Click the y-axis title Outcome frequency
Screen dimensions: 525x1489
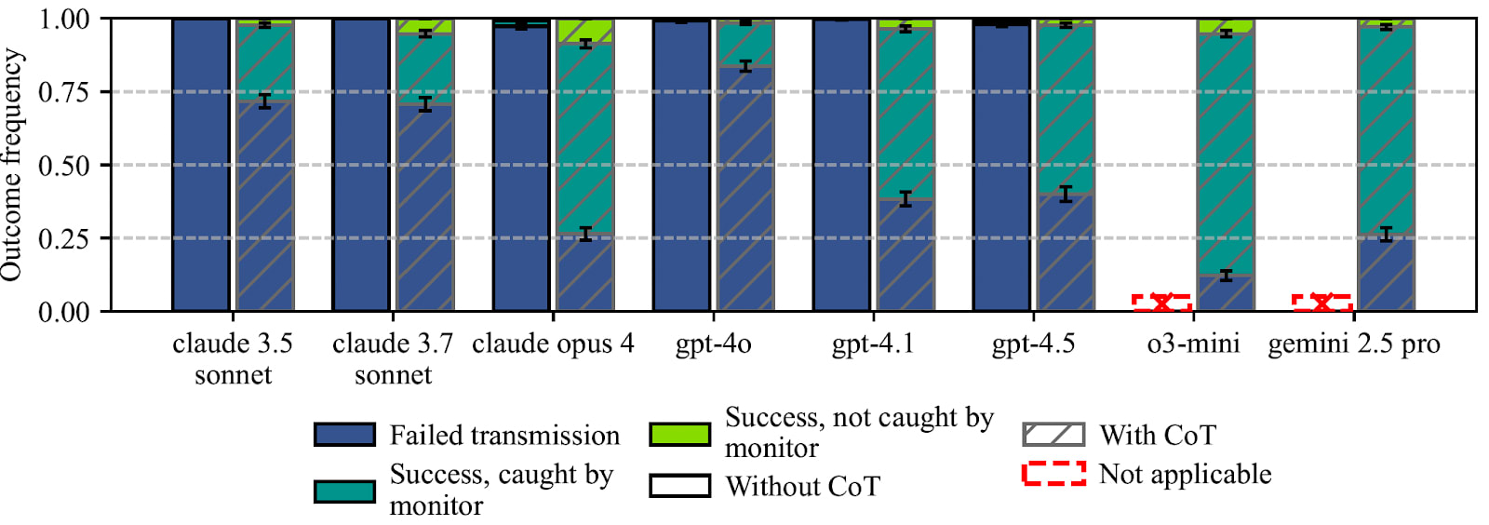(12, 165)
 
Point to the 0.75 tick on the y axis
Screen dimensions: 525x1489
(64, 92)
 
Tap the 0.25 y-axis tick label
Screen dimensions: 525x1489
(64, 238)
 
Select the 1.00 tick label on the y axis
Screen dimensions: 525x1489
(64, 19)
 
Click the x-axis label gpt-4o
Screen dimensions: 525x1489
(713, 344)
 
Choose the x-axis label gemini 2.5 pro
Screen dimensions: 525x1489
(1354, 344)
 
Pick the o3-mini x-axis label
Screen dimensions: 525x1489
(1193, 344)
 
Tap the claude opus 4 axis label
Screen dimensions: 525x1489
(553, 344)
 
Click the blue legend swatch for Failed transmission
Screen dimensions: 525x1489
(344, 435)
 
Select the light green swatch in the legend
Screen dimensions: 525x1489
(679, 434)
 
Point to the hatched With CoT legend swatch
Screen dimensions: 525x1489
(1053, 435)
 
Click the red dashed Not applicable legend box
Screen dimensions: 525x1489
(1053, 474)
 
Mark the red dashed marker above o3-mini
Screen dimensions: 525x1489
(1161, 303)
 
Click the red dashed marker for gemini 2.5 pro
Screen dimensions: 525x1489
(1321, 303)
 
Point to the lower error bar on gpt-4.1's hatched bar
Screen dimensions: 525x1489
(905, 200)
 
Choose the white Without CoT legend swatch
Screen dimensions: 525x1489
(679, 486)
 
